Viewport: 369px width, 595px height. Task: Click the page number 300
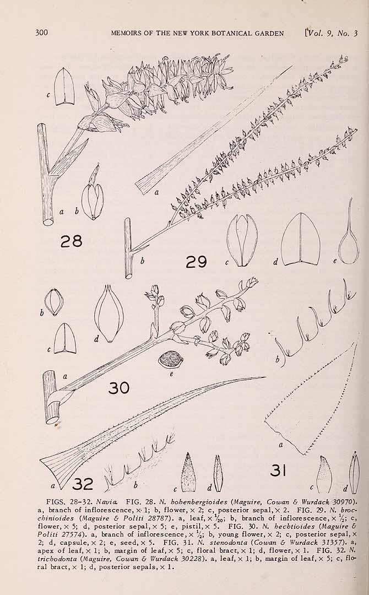[x=42, y=33]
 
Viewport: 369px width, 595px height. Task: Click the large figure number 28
[x=71, y=241]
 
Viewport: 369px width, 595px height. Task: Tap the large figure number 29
[x=196, y=262]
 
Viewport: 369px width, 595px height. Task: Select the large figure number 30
[x=119, y=388]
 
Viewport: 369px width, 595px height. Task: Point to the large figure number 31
[x=278, y=470]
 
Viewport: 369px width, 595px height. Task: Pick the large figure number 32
[x=83, y=484]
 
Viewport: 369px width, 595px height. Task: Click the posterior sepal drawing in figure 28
[x=64, y=86]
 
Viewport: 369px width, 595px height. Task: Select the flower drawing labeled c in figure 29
[x=242, y=240]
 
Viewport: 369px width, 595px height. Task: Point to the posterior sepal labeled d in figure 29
[x=300, y=239]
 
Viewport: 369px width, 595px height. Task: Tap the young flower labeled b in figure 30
[x=54, y=302]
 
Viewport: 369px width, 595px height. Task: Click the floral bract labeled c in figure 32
[x=188, y=473]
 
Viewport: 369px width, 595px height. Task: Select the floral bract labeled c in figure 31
[x=324, y=474]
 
